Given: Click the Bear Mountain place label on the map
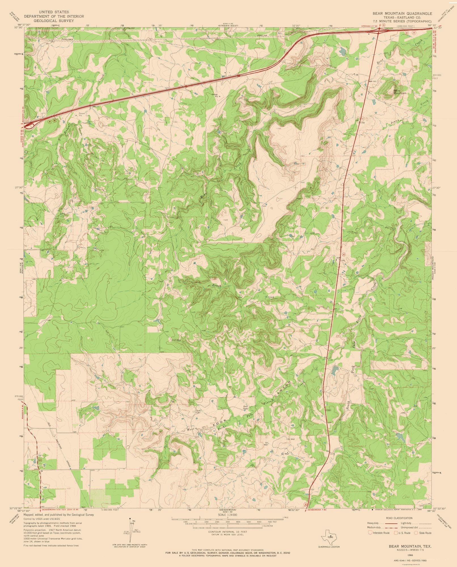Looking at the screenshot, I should [399, 92].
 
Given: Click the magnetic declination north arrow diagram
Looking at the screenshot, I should [131, 527].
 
